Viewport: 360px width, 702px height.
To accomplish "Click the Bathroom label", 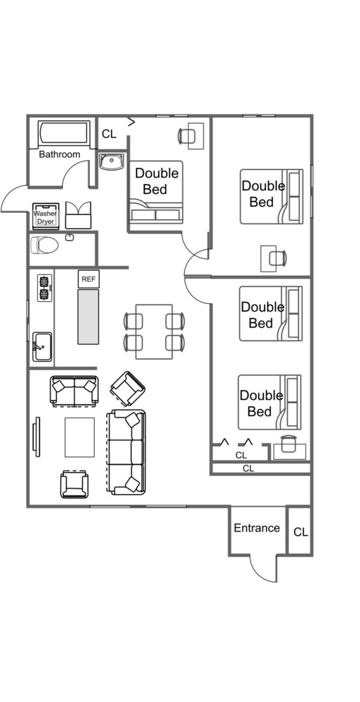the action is click(x=60, y=154).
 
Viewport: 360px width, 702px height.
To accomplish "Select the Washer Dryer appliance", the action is click(x=46, y=216).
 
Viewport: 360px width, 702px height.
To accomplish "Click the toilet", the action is click(x=45, y=245).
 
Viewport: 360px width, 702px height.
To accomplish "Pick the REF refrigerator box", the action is click(x=88, y=279).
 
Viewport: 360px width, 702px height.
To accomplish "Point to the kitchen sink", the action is click(x=42, y=347).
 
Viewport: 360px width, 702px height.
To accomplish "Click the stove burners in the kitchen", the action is click(x=44, y=289).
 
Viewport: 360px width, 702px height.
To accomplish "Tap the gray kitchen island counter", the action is click(x=88, y=317).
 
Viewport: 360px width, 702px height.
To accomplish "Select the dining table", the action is click(x=154, y=331).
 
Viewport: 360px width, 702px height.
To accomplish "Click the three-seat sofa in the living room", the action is click(x=126, y=452).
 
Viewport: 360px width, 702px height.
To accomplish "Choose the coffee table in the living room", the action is click(x=80, y=437).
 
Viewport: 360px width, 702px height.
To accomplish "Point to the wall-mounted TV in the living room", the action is click(x=36, y=437).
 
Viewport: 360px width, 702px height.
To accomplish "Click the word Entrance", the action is click(x=257, y=529).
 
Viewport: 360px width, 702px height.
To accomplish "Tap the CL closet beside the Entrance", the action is click(x=301, y=532).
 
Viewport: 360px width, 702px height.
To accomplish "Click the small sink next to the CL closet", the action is click(x=112, y=161).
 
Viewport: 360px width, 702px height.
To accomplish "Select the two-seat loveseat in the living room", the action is click(x=75, y=391).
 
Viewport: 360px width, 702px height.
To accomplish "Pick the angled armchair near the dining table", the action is click(x=128, y=389).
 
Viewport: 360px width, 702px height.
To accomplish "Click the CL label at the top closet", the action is click(x=109, y=134).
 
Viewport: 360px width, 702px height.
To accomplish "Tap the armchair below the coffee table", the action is click(x=75, y=484).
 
